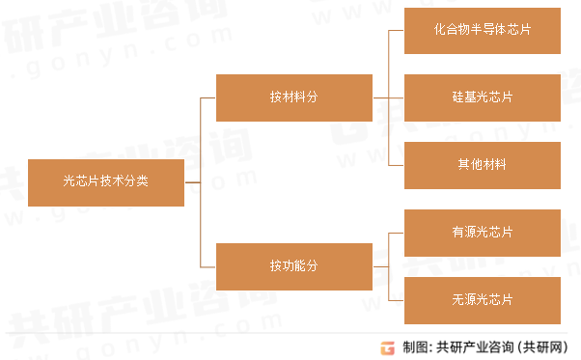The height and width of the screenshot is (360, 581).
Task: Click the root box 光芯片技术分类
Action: [x=106, y=181]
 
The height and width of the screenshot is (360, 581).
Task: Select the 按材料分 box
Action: [x=293, y=97]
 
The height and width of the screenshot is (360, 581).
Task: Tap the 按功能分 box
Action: [x=293, y=266]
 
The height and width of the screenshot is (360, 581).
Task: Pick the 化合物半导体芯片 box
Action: [x=482, y=30]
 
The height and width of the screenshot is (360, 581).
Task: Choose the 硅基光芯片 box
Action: [x=482, y=97]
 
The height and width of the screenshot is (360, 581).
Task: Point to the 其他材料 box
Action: [x=482, y=165]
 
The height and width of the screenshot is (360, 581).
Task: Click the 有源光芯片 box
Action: [x=482, y=233]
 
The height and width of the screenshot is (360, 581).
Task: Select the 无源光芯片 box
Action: [x=482, y=300]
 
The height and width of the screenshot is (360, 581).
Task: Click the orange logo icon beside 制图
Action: [x=388, y=346]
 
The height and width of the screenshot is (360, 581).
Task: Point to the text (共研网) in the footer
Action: [x=546, y=346]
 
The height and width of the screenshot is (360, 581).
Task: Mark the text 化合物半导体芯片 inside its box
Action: [x=482, y=30]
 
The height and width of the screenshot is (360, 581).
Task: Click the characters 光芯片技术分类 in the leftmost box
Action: [x=106, y=181]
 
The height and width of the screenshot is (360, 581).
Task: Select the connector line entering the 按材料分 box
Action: [x=207, y=97]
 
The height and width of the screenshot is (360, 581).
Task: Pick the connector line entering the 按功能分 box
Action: [x=207, y=266]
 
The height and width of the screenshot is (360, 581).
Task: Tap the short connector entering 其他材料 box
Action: [x=395, y=165]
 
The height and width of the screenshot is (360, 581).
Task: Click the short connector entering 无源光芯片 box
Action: [x=395, y=300]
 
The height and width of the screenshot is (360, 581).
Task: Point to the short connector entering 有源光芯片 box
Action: [x=395, y=233]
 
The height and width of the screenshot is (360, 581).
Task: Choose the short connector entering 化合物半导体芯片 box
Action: [x=395, y=30]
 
